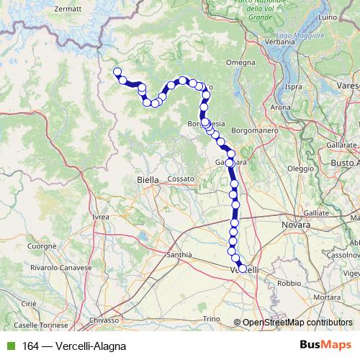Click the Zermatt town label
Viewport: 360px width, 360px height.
68,9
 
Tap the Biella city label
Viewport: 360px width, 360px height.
148,180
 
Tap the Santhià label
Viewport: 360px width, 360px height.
179,255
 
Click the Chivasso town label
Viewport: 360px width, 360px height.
105,319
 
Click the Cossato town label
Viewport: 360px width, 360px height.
181,178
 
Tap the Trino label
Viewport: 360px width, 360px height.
211,318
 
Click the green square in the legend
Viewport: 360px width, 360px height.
9,346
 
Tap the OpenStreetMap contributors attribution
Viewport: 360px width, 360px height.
297,323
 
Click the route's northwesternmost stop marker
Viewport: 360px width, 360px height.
117,71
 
